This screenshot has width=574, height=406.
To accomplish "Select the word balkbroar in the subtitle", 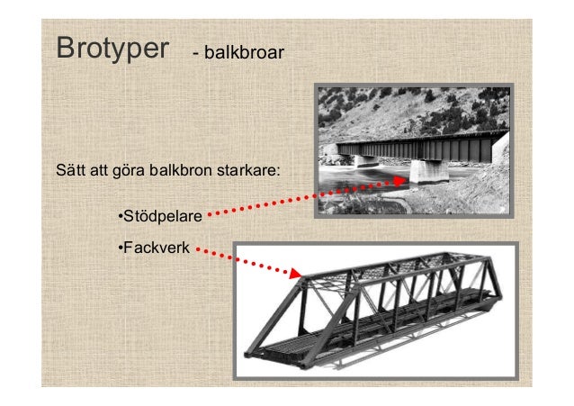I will [x=245, y=55].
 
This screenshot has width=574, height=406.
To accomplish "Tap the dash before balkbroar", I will [x=196, y=56].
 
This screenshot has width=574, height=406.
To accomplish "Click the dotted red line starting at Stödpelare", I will [x=297, y=200].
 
